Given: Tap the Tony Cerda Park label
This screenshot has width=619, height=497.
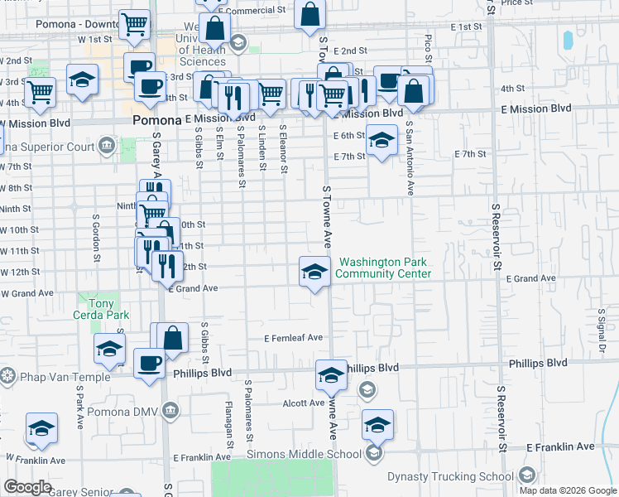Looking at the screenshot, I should coord(98,309).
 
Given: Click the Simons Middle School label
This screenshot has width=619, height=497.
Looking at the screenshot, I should coord(304,454).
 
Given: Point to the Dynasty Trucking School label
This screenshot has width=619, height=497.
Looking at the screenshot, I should coord(450,476).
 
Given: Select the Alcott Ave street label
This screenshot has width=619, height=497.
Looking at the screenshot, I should coord(304,403).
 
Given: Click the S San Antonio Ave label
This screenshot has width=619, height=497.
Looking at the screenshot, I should coord(410,157).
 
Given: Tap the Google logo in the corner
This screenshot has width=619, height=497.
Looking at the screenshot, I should coord(27,487).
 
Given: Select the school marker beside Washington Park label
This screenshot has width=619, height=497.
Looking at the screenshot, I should coord(314,272).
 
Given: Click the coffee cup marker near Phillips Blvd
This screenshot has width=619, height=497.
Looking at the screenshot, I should coord(149,363).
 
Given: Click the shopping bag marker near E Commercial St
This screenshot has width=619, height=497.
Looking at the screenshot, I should coord(309,14).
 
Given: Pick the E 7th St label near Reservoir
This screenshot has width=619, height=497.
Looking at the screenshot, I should coord(470,154).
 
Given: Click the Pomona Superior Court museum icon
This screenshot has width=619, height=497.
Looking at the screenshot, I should coord(107,147).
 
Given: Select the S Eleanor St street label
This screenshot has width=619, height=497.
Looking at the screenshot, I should coord(283,149).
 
